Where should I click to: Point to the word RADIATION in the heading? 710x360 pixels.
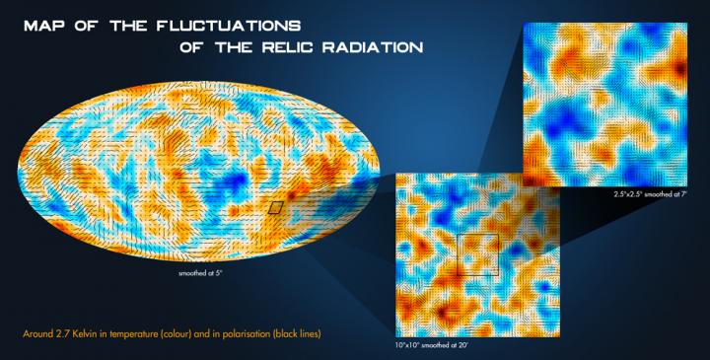pyautogui.click(x=378, y=46)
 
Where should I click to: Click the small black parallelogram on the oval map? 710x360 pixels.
pyautogui.click(x=277, y=207)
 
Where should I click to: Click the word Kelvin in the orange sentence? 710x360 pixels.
pyautogui.click(x=81, y=333)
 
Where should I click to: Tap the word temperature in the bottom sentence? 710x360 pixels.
pyautogui.click(x=134, y=333)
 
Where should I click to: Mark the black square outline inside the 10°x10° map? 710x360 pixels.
pyautogui.click(x=479, y=254)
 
